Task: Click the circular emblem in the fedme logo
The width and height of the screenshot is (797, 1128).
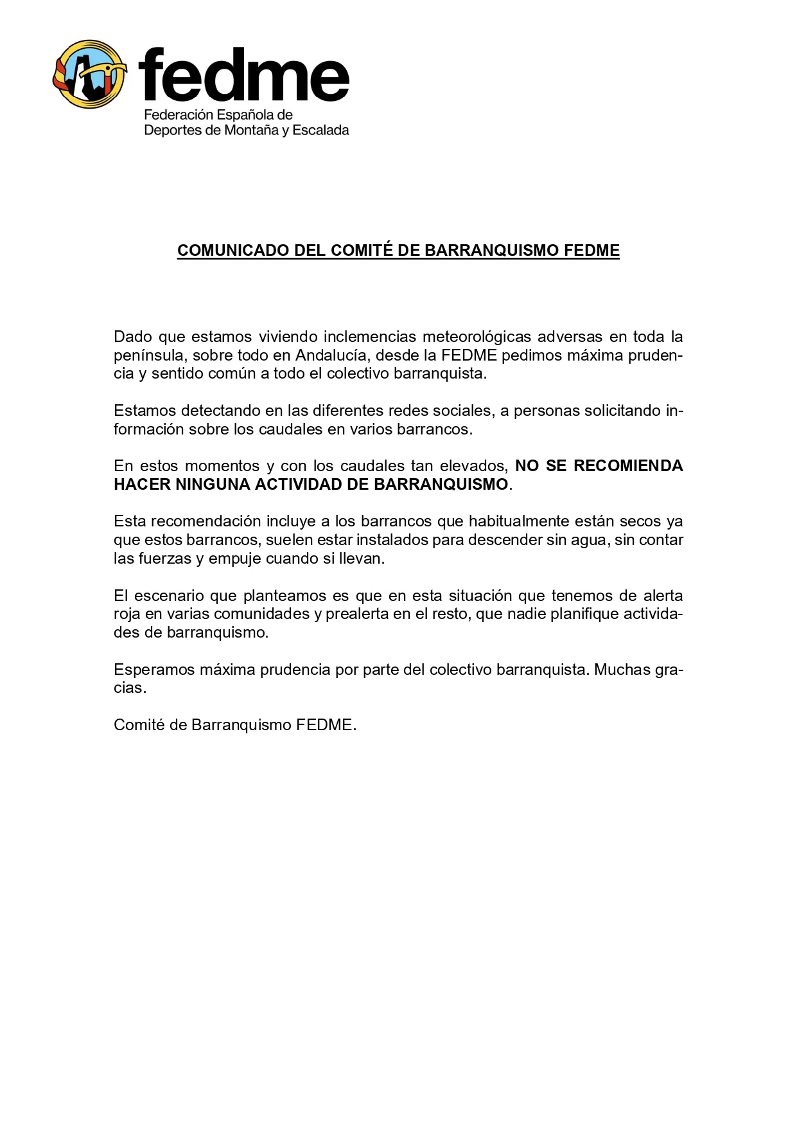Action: (89, 75)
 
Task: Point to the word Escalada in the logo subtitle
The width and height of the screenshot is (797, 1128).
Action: (320, 130)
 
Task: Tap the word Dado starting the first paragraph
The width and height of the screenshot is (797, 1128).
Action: (133, 337)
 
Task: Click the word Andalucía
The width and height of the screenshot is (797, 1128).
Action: (331, 355)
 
